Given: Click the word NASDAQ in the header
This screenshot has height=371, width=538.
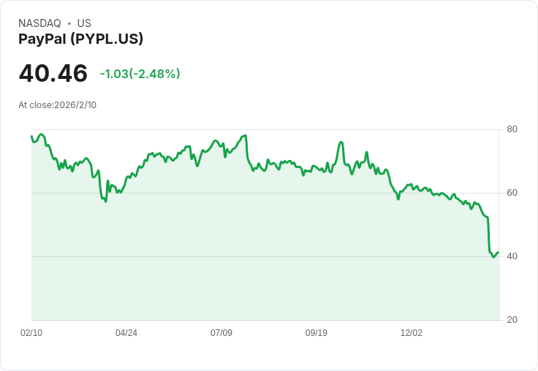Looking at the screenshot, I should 39,23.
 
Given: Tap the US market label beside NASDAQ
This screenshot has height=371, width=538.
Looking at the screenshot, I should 84,23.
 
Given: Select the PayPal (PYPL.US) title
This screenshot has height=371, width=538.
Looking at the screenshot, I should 80,39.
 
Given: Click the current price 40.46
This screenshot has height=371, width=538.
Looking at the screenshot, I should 53,74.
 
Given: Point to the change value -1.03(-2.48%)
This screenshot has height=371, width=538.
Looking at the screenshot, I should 140,74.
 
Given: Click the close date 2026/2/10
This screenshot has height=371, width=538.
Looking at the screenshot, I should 75,105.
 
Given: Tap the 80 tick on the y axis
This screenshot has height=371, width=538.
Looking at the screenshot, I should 512,129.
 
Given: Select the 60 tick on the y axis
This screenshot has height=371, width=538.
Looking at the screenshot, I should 512,193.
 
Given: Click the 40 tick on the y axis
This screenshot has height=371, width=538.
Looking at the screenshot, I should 512,256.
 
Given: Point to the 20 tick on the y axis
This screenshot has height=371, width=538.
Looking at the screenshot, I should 512,320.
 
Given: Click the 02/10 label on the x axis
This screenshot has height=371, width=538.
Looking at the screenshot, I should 31,333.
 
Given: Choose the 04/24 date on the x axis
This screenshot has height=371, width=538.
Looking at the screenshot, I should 126,333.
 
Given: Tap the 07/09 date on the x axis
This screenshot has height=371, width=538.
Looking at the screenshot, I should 221,333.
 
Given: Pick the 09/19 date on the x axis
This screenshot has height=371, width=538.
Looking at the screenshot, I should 317,333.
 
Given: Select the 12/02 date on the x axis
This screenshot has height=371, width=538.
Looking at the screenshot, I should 412,333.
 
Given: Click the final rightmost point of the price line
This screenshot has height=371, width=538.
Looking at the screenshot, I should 498,253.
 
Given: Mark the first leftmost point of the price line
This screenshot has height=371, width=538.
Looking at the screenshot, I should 31,136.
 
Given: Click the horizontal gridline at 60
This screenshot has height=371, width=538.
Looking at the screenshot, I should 292,193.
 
